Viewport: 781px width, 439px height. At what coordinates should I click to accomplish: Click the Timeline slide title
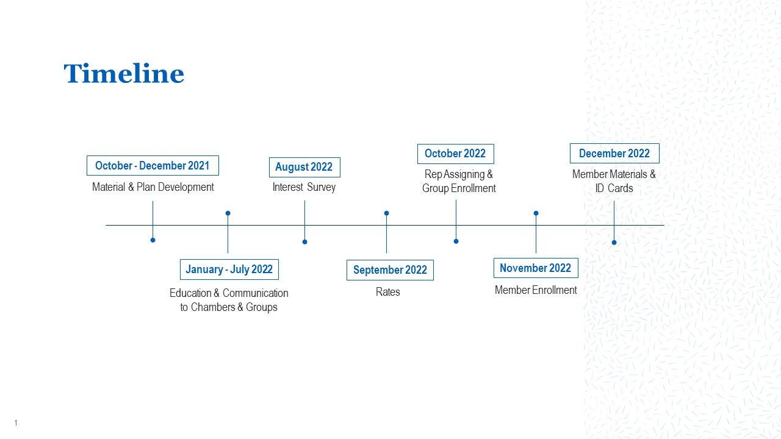click(124, 73)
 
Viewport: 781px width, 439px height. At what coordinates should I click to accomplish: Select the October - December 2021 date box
click(153, 165)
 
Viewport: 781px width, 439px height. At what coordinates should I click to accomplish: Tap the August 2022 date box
click(304, 167)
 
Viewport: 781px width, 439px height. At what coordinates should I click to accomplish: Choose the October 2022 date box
click(455, 154)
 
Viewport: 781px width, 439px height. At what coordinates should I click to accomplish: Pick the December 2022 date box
click(614, 153)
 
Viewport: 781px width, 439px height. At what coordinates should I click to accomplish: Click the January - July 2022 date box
click(229, 269)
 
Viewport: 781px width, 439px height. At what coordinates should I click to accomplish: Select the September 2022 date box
click(390, 270)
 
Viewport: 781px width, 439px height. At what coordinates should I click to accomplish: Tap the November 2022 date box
click(536, 268)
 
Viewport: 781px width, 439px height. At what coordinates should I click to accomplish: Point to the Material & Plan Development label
click(153, 187)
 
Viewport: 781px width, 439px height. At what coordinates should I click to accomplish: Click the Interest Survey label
click(304, 187)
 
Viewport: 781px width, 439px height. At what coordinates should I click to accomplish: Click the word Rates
click(387, 292)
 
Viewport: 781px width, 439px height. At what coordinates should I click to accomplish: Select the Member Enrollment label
click(536, 290)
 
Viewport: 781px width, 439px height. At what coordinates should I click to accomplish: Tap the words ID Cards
click(614, 188)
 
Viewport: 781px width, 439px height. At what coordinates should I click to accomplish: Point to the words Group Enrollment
click(459, 188)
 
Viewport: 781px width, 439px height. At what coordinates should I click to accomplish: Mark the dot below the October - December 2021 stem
click(153, 240)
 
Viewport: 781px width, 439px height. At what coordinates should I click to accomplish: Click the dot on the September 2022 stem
click(386, 213)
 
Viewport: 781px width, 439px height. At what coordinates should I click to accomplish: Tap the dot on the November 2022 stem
click(536, 213)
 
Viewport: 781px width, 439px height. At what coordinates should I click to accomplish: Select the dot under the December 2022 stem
click(614, 243)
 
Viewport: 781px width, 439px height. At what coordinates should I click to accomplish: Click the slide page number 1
click(16, 423)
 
